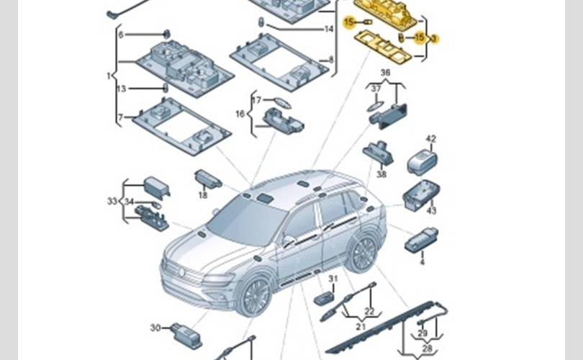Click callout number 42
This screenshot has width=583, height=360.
tap(431, 139)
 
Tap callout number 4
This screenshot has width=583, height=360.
tap(422, 262)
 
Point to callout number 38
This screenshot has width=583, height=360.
tap(381, 174)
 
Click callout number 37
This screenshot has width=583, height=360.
tap(375, 89)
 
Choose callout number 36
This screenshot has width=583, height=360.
tap(385, 73)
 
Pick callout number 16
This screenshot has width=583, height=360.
tap(240, 114)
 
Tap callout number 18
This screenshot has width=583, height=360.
tap(203, 195)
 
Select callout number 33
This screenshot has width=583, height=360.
tap(112, 201)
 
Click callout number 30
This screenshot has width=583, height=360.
tap(155, 328)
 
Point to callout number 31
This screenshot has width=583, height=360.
tap(333, 279)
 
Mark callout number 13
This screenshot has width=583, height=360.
tap(121, 89)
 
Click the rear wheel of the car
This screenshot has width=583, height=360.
tap(362, 253)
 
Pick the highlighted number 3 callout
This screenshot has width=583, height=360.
tap(435, 38)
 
